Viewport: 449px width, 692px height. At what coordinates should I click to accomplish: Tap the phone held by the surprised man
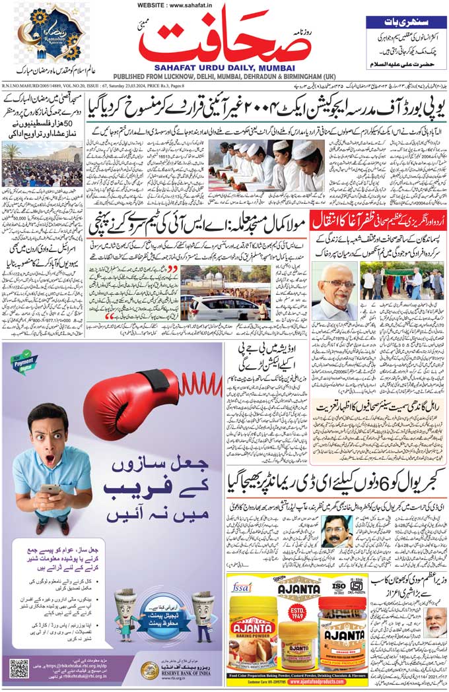pos(50,489)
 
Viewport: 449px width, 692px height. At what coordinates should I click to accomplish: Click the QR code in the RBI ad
pos(19,668)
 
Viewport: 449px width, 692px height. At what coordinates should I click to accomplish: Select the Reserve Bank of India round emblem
pos(149,671)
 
